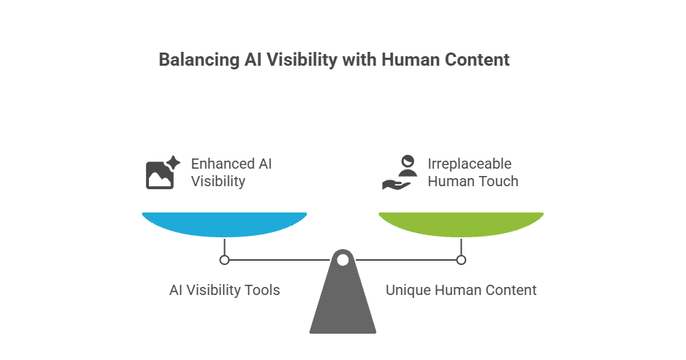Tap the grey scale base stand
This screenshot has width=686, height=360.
tap(343, 303)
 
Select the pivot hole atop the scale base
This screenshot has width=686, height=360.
tap(343, 258)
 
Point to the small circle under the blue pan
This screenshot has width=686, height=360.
tap(224, 259)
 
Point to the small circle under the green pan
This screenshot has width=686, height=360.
tap(461, 259)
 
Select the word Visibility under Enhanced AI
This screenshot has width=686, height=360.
tap(218, 181)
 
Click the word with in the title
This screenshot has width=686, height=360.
tap(357, 60)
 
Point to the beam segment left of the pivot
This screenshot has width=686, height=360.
tap(278, 259)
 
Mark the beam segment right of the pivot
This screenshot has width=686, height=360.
tap(405, 259)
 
